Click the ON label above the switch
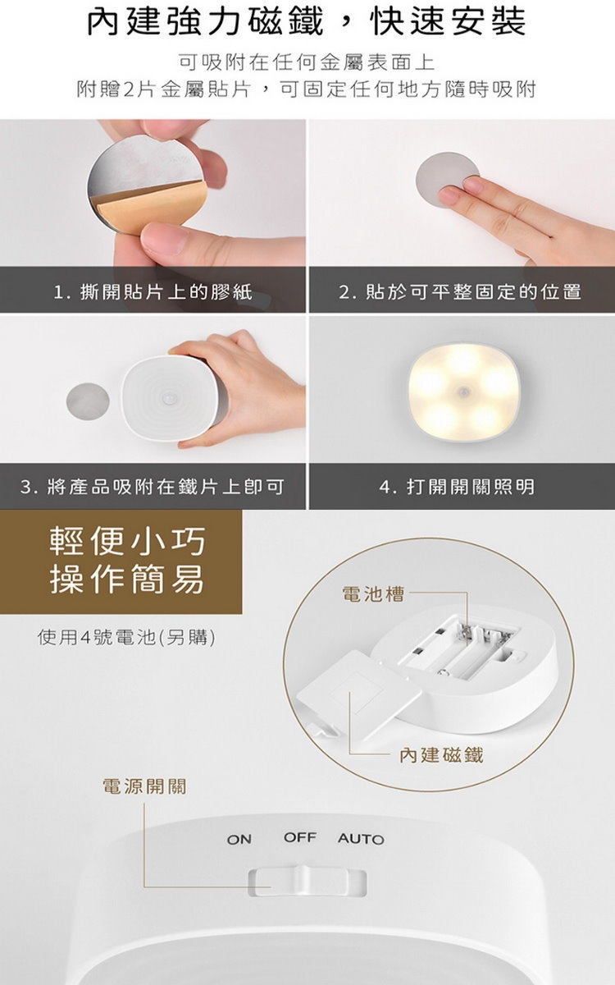tap(239, 840)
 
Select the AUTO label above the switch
tap(361, 839)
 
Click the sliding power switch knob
tap(304, 880)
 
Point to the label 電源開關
tap(144, 786)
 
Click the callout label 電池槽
tap(373, 594)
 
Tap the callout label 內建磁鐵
tap(441, 755)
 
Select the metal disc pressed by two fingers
tap(447, 181)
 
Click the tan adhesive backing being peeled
tap(145, 208)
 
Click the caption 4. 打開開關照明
tap(457, 487)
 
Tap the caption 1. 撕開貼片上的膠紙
tap(153, 291)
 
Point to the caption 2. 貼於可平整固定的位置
tap(460, 291)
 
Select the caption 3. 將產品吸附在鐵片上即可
tap(153, 487)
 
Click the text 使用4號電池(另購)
tap(126, 637)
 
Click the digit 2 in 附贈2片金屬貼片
tap(130, 89)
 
